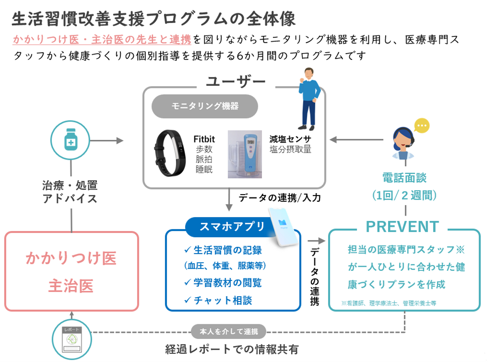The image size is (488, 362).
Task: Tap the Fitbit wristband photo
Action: click(x=170, y=153)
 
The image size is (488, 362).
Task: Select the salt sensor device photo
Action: click(x=245, y=154)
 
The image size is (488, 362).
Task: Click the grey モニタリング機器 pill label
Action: click(x=205, y=106)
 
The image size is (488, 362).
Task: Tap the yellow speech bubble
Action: click(x=422, y=126)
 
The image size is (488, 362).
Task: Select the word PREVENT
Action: click(x=402, y=227)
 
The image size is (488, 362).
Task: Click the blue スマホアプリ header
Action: click(x=232, y=227)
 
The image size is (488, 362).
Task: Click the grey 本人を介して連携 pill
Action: click(x=229, y=332)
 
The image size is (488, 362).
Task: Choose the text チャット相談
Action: click(x=223, y=300)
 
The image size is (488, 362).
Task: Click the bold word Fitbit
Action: click(x=204, y=139)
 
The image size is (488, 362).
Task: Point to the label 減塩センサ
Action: click(x=290, y=139)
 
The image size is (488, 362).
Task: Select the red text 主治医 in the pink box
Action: click(x=71, y=286)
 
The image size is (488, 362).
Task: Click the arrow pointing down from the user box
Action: click(x=229, y=201)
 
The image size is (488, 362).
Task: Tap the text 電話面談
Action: click(x=404, y=178)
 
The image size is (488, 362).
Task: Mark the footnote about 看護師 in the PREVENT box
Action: click(x=389, y=303)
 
